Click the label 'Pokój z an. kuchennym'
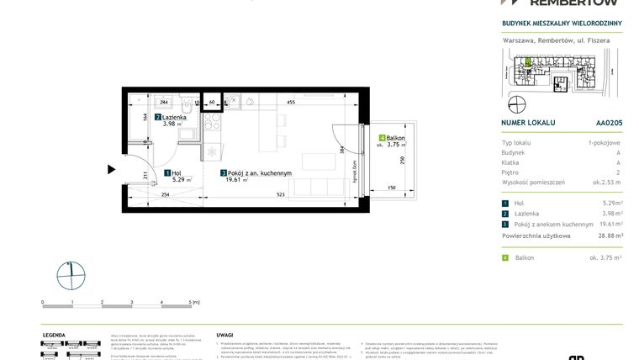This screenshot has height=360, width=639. pyautogui.click(x=259, y=173)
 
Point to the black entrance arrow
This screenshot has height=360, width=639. pyautogui.click(x=111, y=169)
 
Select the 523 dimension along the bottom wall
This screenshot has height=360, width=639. pyautogui.click(x=279, y=195)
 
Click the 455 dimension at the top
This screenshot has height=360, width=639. pyautogui.click(x=290, y=102)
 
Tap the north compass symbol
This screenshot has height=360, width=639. pyautogui.click(x=72, y=273)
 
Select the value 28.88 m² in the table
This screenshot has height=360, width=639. pyautogui.click(x=608, y=236)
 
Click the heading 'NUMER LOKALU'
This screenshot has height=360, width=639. pyautogui.click(x=528, y=122)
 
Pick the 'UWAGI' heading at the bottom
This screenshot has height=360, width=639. pyautogui.click(x=224, y=335)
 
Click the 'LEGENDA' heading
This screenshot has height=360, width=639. pyautogui.click(x=55, y=335)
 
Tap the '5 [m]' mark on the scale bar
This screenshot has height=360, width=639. pyautogui.click(x=193, y=301)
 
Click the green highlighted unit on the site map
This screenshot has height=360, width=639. pyautogui.click(x=528, y=61)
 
